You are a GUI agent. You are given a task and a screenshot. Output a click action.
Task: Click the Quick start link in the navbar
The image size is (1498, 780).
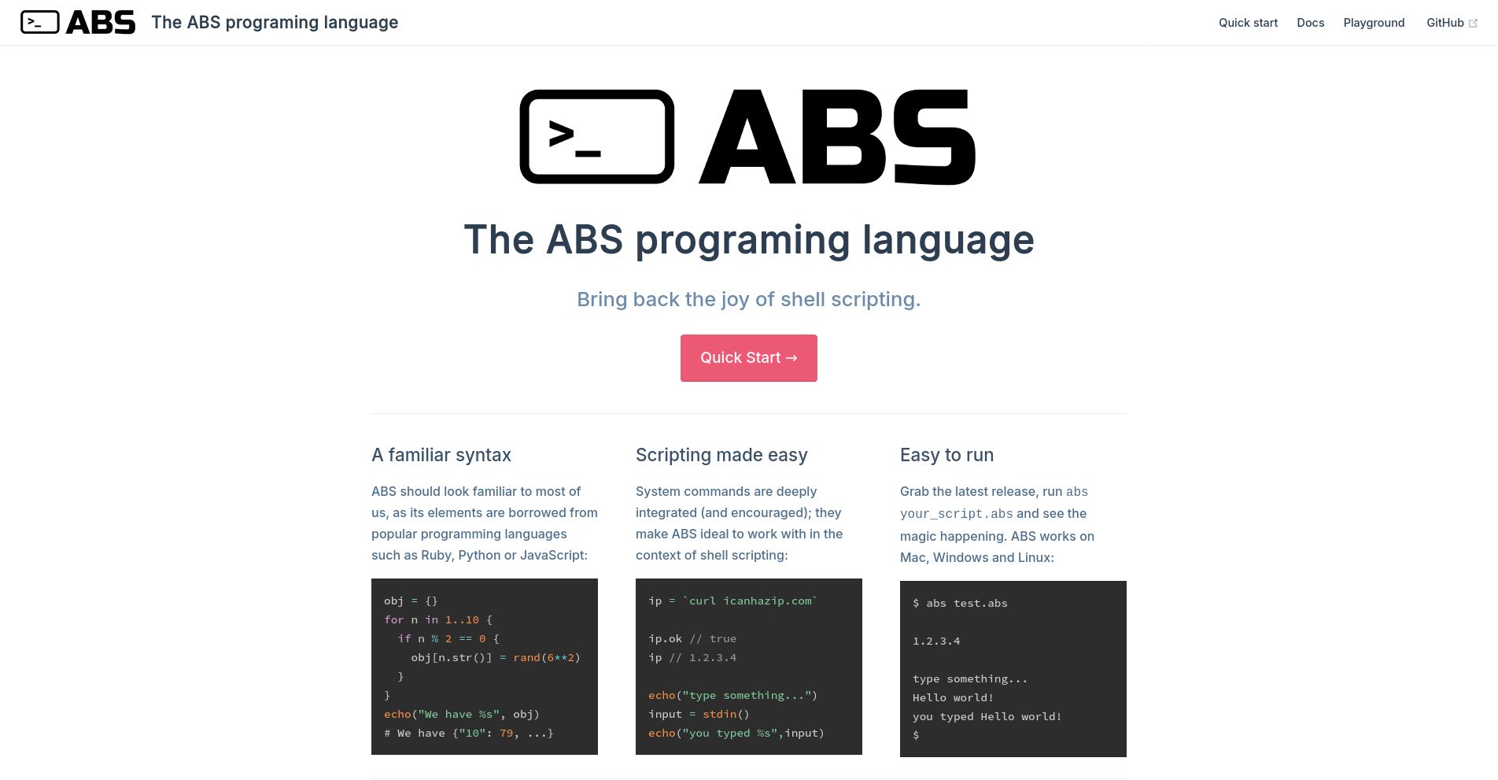[x=1248, y=23]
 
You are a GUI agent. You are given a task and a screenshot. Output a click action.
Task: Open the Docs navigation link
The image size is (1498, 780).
[x=1310, y=23]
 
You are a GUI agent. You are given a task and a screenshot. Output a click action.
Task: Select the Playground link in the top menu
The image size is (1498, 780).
[x=1374, y=23]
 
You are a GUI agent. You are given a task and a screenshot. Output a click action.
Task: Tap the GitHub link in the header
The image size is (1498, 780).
[x=1444, y=23]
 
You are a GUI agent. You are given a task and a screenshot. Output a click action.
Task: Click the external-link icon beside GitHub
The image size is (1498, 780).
[x=1473, y=24]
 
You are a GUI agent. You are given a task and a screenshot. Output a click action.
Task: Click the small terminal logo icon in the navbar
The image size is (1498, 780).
[x=39, y=22]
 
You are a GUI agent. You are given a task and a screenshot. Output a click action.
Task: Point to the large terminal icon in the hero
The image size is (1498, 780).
[x=596, y=137]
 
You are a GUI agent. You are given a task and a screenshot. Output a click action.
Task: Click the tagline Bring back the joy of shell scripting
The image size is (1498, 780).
[x=748, y=299]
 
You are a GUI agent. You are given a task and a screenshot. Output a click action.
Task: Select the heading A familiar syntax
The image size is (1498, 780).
[x=441, y=455]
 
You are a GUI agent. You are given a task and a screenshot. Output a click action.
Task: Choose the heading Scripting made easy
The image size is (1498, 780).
[x=721, y=455]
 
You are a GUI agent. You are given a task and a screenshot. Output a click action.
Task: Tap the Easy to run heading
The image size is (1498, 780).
[x=946, y=455]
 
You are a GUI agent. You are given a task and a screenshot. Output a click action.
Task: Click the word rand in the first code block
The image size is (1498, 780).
[x=526, y=657]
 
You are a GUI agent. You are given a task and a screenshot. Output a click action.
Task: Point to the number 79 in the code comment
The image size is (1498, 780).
[x=506, y=733]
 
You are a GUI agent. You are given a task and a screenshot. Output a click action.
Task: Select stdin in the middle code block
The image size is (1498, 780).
[x=719, y=714]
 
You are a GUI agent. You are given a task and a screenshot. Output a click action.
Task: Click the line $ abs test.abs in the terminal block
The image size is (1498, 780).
[x=960, y=603]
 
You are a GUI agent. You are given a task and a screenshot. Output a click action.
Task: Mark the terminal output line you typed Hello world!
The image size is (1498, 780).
[x=987, y=716]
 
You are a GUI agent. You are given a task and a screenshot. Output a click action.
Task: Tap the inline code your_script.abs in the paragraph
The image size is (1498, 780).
[x=956, y=514]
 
